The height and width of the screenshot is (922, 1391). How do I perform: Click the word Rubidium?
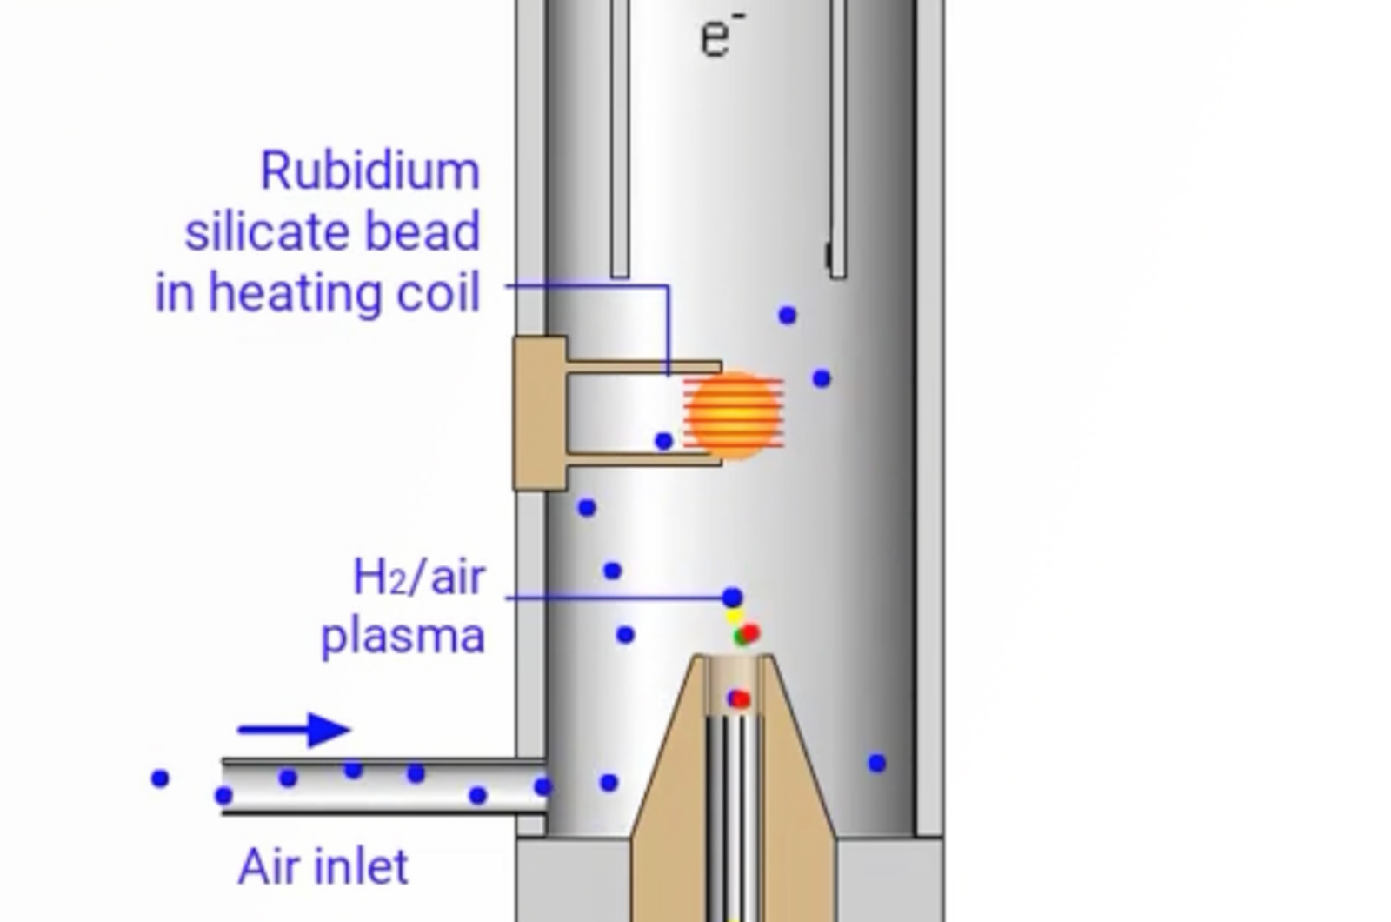(x=369, y=171)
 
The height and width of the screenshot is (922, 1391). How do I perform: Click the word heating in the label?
(x=296, y=294)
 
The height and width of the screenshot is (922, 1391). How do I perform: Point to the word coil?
(x=438, y=294)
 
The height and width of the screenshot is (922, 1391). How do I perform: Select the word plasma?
(x=403, y=636)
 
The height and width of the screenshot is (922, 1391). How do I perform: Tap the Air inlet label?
(x=323, y=867)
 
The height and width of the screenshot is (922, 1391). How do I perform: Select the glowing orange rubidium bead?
(x=735, y=415)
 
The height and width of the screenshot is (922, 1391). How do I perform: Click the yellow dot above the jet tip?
(x=735, y=618)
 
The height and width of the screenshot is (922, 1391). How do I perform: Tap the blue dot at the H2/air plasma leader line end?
(x=733, y=598)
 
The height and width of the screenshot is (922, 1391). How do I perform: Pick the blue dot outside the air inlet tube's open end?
(x=160, y=778)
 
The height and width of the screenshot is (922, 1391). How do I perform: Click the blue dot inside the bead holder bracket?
(x=663, y=442)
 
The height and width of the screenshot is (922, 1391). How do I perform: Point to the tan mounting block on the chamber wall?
(x=539, y=414)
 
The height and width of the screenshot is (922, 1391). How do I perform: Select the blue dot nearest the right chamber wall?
(x=877, y=763)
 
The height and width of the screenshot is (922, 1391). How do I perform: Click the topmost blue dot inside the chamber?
(x=787, y=315)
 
